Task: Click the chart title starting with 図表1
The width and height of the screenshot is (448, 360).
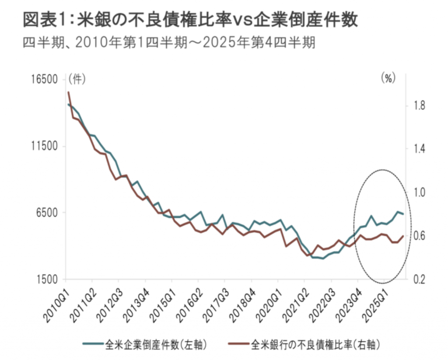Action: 190,20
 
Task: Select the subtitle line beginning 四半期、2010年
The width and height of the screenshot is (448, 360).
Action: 169,43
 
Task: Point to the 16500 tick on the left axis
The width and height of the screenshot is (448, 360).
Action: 45,79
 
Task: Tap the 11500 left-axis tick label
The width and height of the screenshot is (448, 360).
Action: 45,146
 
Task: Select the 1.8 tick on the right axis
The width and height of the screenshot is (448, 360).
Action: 420,106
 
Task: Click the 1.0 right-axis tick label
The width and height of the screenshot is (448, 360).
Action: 420,192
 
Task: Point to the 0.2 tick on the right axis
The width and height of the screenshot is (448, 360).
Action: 420,279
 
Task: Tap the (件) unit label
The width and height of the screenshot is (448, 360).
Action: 77,79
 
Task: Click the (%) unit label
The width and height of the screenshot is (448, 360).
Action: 388,78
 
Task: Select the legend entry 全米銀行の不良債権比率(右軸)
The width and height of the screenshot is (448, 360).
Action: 304,345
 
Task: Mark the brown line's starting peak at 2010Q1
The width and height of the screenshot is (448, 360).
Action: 68,92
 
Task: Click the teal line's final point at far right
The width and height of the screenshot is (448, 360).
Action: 403,214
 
